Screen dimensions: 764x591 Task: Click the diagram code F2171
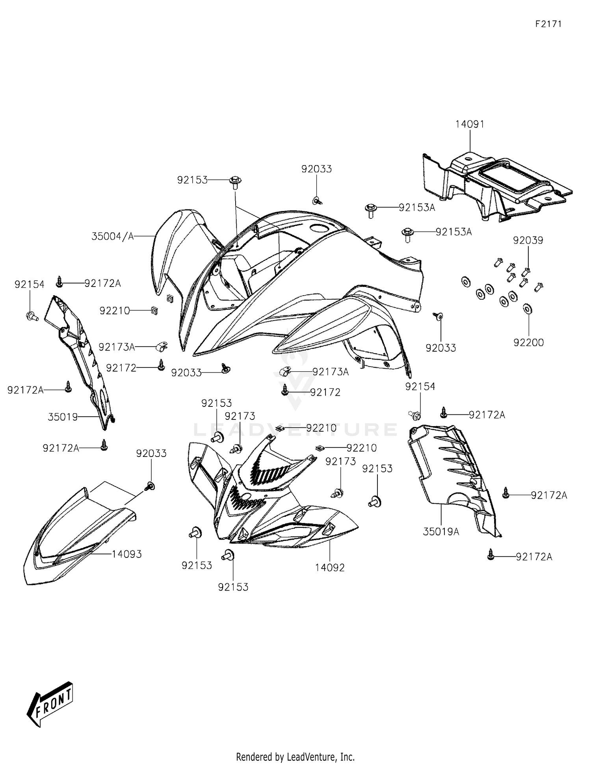pos(548,24)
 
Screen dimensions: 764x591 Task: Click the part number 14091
pos(470,124)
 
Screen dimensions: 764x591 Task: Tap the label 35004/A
pos(113,236)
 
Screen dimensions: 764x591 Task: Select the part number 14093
pos(126,554)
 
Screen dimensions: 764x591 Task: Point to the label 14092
pos(330,568)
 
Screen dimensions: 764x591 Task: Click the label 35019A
pos(441,532)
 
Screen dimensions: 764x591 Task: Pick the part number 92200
pos(528,343)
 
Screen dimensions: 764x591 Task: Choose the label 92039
pos(528,240)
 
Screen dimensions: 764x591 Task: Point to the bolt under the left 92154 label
pos(32,315)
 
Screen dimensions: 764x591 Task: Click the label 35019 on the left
pos(63,417)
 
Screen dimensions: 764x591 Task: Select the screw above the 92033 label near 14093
pos(150,486)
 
